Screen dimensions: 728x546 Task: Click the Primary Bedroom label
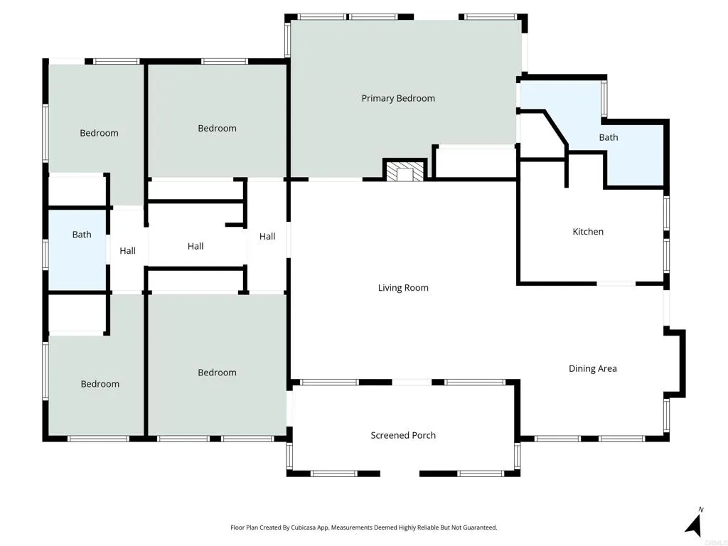[398, 98]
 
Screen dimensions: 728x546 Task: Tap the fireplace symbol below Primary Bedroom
[405, 170]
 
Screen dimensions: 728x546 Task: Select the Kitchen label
[588, 232]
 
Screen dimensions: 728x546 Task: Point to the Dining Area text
[593, 369]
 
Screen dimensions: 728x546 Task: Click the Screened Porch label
[403, 436]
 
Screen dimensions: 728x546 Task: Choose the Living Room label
[403, 288]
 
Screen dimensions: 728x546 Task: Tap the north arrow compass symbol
[695, 522]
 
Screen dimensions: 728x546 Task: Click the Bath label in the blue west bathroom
[82, 235]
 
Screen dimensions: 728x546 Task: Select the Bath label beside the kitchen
[609, 137]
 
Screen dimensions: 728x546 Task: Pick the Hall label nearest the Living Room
[267, 237]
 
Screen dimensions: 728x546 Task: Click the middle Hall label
[196, 247]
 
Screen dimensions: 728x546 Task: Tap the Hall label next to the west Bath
[128, 251]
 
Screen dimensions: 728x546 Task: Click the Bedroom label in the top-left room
[99, 133]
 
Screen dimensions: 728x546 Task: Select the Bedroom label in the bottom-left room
[100, 384]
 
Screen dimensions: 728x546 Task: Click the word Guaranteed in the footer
[482, 528]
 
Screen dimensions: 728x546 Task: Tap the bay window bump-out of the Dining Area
[676, 363]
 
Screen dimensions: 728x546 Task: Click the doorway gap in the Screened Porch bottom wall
[400, 473]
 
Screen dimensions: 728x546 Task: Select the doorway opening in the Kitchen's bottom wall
[616, 283]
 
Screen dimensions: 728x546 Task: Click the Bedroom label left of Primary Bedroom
[218, 129]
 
